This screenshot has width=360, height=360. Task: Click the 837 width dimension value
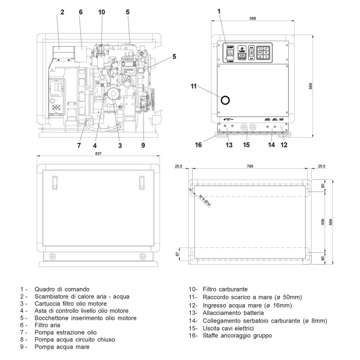[x=99, y=154]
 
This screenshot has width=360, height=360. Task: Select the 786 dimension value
[x=250, y=166]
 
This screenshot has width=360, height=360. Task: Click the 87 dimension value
[x=177, y=254]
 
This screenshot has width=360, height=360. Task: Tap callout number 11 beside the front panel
[x=194, y=86]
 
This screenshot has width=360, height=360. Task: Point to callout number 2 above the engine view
[x=62, y=12]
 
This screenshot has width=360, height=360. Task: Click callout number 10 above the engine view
[x=101, y=12]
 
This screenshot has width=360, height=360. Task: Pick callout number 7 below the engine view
[x=79, y=145]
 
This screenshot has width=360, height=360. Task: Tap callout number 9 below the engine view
[x=143, y=145]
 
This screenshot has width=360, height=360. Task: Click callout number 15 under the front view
[x=246, y=145]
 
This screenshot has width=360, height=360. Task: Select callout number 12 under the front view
[x=284, y=145]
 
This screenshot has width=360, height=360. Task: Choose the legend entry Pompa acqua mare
[x=61, y=347]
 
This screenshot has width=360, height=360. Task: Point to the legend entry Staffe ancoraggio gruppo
[x=237, y=335]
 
